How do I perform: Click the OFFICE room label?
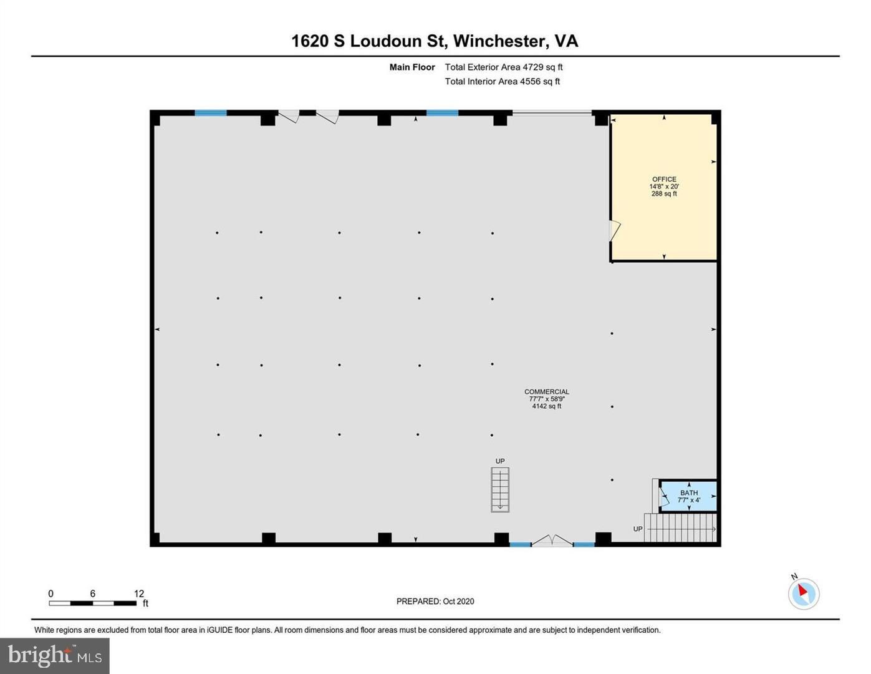coord(664,179)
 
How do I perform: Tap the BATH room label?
coord(689,492)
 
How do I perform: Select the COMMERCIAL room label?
coord(547,391)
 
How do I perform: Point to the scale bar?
coord(93,603)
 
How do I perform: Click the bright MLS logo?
coord(54,656)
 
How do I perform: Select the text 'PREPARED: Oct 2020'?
coord(435,602)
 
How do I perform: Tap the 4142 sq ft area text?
coord(547,406)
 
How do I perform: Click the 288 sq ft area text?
coord(664,193)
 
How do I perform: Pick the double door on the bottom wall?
coord(552,540)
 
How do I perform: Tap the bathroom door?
coord(664,499)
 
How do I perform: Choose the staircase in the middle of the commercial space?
coord(500,490)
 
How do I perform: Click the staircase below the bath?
coord(680,527)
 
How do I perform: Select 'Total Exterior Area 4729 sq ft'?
coord(504,67)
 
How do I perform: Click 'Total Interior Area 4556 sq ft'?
coord(503,81)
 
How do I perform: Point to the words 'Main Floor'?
coord(412,67)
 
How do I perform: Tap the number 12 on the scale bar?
coord(138,593)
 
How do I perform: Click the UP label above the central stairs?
coord(500,461)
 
